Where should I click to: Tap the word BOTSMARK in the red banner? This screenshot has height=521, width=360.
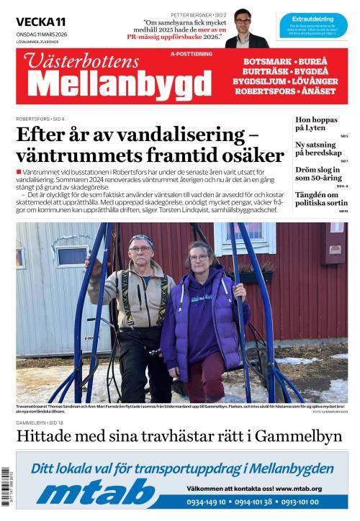(x=266, y=62)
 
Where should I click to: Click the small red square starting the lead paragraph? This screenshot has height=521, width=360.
(x=18, y=172)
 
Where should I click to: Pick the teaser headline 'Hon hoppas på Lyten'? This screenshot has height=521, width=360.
(x=317, y=124)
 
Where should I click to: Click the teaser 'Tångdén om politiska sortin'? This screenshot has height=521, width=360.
(x=321, y=199)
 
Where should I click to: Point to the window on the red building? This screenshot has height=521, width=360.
(x=246, y=235)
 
